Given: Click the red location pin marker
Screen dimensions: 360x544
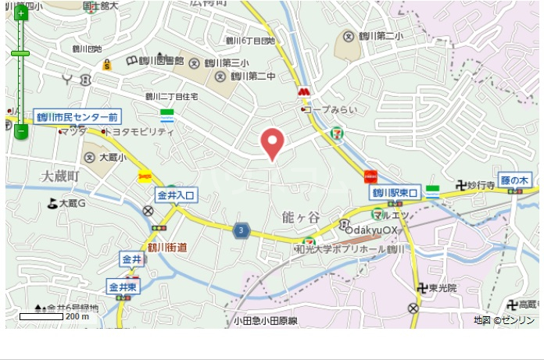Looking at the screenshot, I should (271, 142).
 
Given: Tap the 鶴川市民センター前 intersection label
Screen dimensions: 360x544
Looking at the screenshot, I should (77, 116).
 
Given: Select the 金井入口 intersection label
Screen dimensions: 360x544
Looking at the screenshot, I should (177, 194).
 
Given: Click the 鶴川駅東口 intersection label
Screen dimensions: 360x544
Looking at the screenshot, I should (395, 191).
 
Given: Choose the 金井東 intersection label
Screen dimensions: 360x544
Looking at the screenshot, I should (123, 287).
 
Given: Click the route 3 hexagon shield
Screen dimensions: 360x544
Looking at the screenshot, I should (242, 230).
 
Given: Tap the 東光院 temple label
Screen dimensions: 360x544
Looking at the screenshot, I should (441, 288).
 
